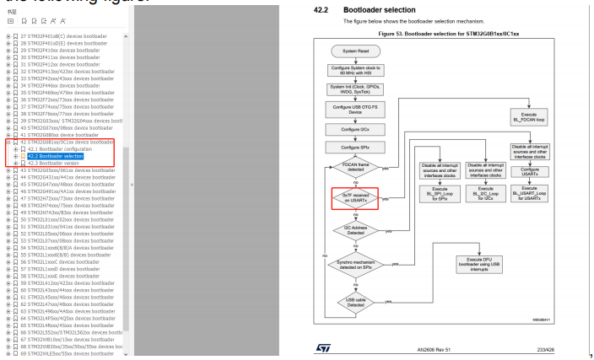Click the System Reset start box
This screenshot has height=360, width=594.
[x=349, y=51]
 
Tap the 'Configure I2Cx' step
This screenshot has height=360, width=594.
[x=349, y=130]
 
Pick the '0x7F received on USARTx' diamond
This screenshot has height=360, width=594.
[x=349, y=199]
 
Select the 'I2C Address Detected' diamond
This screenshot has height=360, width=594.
[x=349, y=230]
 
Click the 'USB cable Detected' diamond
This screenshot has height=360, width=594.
[x=349, y=301]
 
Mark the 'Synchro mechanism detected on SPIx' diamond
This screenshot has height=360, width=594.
[x=349, y=265]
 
